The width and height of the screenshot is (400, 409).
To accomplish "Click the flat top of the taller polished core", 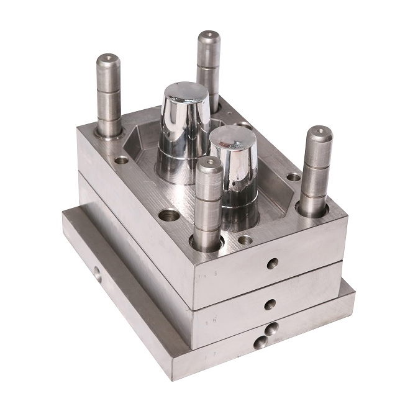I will tap(185, 94).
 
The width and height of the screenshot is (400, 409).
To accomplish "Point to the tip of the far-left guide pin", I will tap(108, 60).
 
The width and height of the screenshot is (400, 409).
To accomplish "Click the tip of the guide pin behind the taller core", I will tap(209, 36).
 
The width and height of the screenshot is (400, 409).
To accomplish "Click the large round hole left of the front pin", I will tap(168, 216).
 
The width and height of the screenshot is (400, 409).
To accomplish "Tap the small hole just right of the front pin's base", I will tap(246, 239).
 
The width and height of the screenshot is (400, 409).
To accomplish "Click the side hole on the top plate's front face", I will tap(273, 264).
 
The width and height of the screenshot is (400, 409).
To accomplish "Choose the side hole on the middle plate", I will tap(270, 305).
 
